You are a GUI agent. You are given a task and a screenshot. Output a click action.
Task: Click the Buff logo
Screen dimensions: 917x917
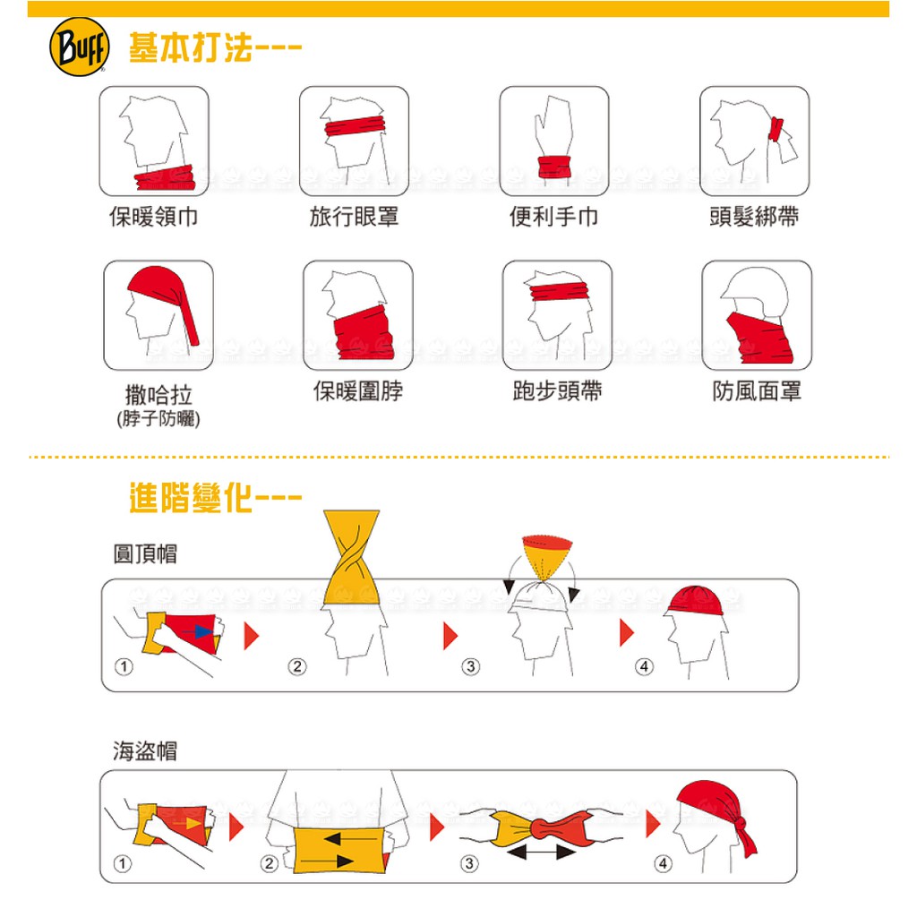(x=80, y=47)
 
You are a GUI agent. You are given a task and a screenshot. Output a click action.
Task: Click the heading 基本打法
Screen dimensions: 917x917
(x=191, y=47)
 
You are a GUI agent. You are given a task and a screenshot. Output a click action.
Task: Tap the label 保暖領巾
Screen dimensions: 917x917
(x=154, y=217)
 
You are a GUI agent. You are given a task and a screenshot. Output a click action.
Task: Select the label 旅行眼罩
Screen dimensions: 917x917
(x=354, y=217)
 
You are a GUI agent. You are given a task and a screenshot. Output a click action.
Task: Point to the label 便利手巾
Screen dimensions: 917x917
(x=553, y=217)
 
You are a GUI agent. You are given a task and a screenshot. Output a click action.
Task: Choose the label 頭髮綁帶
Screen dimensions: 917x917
(x=754, y=217)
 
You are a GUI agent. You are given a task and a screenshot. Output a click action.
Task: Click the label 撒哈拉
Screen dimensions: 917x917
(x=159, y=395)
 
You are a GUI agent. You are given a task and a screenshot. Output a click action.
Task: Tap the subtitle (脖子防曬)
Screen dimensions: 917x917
(x=159, y=419)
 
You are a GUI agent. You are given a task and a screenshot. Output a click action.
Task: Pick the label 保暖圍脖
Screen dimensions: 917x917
(x=358, y=391)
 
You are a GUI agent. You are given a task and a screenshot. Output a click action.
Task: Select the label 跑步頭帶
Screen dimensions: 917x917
(x=557, y=391)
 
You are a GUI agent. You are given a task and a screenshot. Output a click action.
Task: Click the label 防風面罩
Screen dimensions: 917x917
(x=757, y=391)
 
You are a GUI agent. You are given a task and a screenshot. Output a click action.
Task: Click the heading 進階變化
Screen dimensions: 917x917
(x=191, y=498)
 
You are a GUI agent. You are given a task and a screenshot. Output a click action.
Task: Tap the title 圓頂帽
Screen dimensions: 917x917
(x=145, y=553)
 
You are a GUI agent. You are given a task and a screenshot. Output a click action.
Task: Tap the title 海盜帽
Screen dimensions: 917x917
(x=145, y=751)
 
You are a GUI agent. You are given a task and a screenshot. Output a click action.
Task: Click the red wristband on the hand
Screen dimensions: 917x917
(x=553, y=167)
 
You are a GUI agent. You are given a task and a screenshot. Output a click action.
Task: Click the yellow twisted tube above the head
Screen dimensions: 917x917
(x=351, y=558)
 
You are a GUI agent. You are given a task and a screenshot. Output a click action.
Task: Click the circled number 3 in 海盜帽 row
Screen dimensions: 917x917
(x=469, y=863)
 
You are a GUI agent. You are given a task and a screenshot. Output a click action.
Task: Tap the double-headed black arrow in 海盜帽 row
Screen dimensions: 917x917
(x=542, y=853)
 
